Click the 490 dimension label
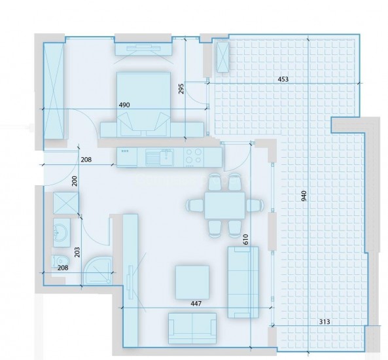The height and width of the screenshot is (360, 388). (x=124, y=105)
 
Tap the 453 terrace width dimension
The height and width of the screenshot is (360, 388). (x=283, y=79)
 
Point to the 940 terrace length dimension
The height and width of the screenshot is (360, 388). (x=304, y=196)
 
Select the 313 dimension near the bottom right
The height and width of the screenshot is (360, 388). (x=325, y=321)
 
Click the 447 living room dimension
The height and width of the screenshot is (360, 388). (x=196, y=303)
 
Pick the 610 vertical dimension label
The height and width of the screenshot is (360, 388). (x=245, y=240)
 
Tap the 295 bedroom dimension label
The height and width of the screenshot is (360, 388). (x=181, y=88)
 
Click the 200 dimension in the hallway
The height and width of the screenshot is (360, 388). (x=75, y=181)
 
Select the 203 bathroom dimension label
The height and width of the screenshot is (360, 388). (x=77, y=252)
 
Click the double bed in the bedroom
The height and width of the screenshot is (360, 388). (x=143, y=104)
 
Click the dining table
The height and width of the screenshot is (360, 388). (x=224, y=206)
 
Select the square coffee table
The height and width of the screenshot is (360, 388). (x=192, y=282)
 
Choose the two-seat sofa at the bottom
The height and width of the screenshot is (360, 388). (x=192, y=329)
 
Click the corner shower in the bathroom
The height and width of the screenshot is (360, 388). (x=97, y=270)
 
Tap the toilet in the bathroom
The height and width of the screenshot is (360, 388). (x=60, y=261)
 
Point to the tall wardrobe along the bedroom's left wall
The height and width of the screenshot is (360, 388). (x=54, y=91)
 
